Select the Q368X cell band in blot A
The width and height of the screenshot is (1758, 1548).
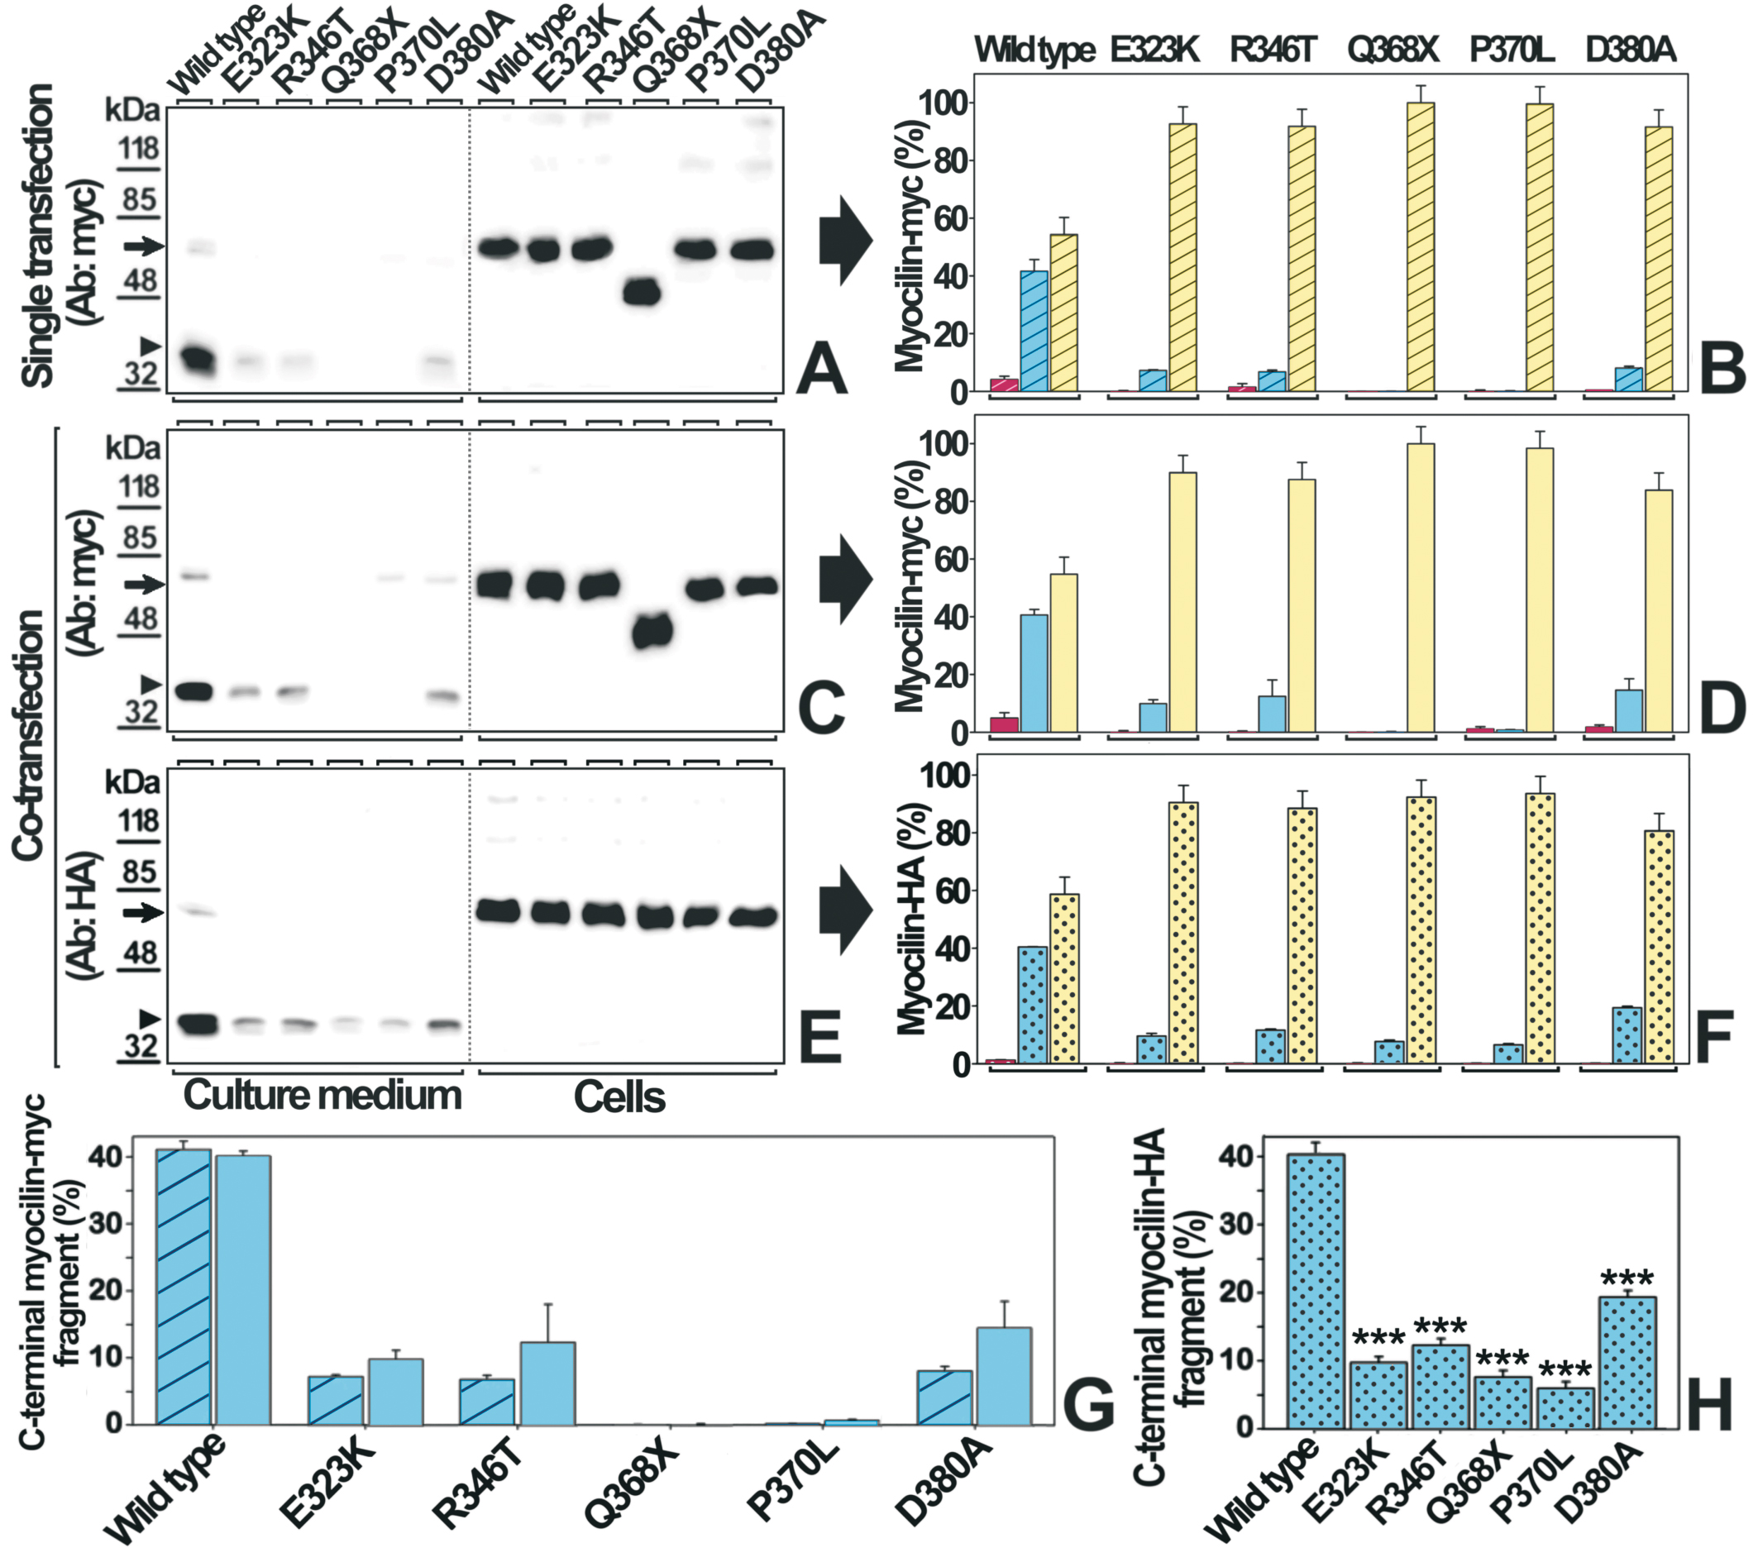pyautogui.click(x=642, y=294)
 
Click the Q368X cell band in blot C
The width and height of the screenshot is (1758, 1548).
pyautogui.click(x=651, y=633)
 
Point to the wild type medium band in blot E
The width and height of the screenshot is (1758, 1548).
pyautogui.click(x=196, y=1024)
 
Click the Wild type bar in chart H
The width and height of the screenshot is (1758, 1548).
pyautogui.click(x=1316, y=1290)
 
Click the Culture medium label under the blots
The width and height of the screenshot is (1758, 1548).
pyautogui.click(x=322, y=1096)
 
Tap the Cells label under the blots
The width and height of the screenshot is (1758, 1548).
pyautogui.click(x=619, y=1097)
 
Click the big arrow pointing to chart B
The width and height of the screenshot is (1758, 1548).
pyautogui.click(x=845, y=241)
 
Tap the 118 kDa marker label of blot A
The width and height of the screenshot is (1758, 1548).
pyautogui.click(x=138, y=149)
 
